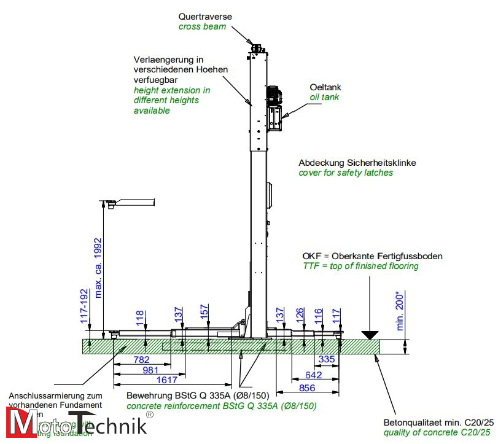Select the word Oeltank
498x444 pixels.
[x=324, y=87]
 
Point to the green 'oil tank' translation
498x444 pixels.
[x=324, y=97]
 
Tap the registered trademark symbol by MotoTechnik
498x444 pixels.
[x=149, y=415]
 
